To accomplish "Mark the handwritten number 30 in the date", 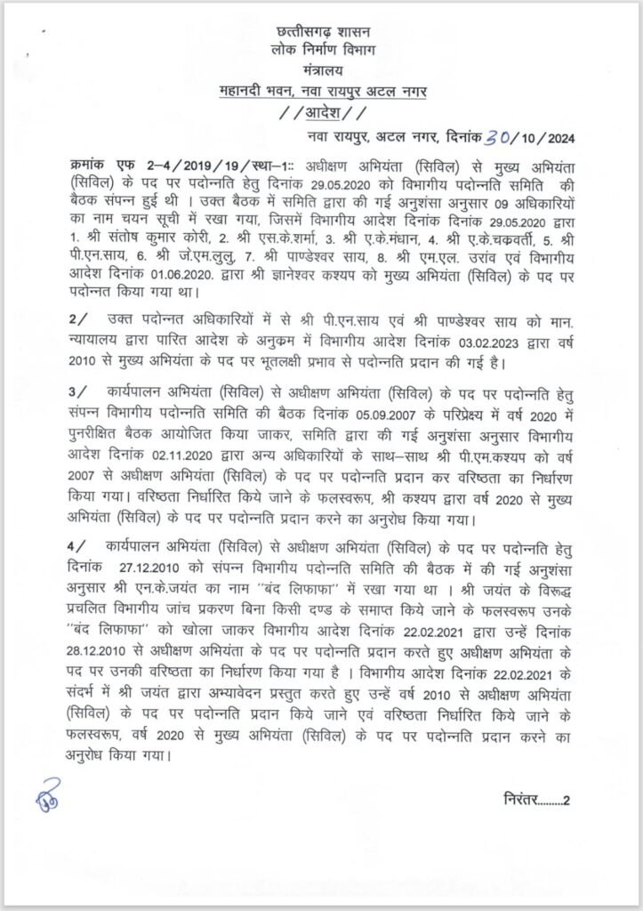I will coord(496,136).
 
